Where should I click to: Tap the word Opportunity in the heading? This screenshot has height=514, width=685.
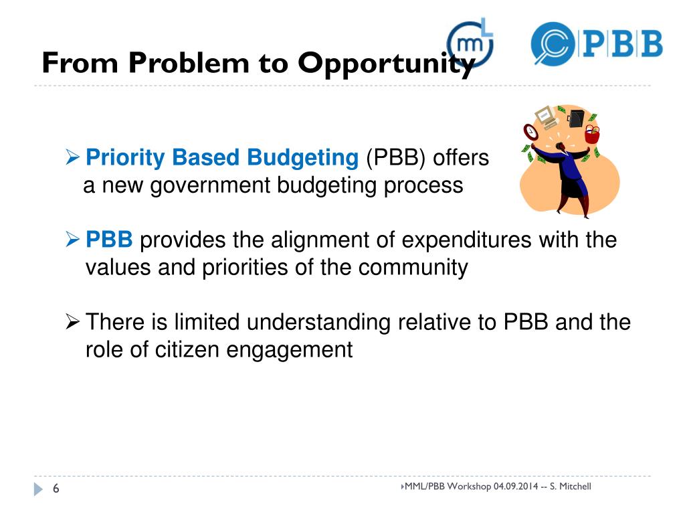point(387,64)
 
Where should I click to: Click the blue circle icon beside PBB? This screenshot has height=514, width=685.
point(553,43)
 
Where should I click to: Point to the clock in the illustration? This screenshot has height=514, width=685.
point(530,130)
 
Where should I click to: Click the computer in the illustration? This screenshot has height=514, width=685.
point(547,116)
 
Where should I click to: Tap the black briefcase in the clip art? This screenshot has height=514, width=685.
point(575,118)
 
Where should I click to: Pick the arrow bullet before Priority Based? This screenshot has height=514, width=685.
point(74,159)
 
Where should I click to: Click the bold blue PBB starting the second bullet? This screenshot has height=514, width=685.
point(110,240)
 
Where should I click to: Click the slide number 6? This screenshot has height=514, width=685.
point(56,490)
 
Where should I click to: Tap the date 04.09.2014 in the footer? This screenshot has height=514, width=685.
point(515,486)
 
